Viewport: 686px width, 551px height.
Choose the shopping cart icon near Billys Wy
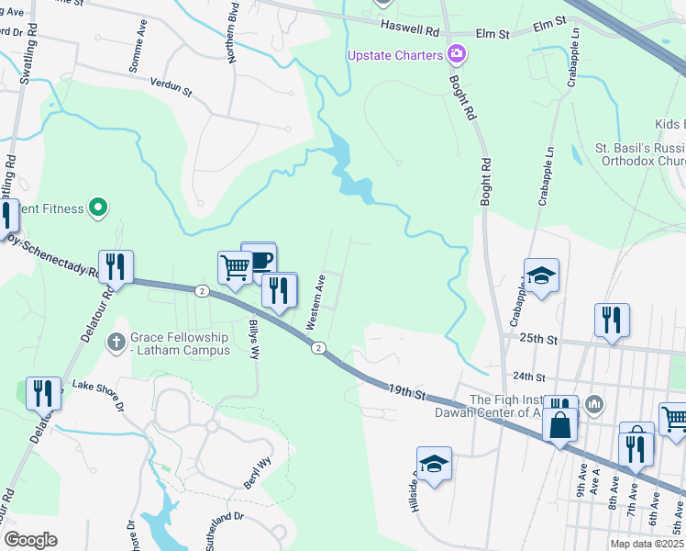[x=235, y=267]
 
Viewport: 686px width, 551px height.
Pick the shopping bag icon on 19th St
[x=559, y=426]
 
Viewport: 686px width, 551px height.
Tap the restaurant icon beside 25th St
[x=612, y=320]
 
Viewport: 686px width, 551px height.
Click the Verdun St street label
[x=171, y=86]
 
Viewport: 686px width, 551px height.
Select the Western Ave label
[x=315, y=302]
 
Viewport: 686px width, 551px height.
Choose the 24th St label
[x=528, y=377]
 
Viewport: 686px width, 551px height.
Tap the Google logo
[x=30, y=540]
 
